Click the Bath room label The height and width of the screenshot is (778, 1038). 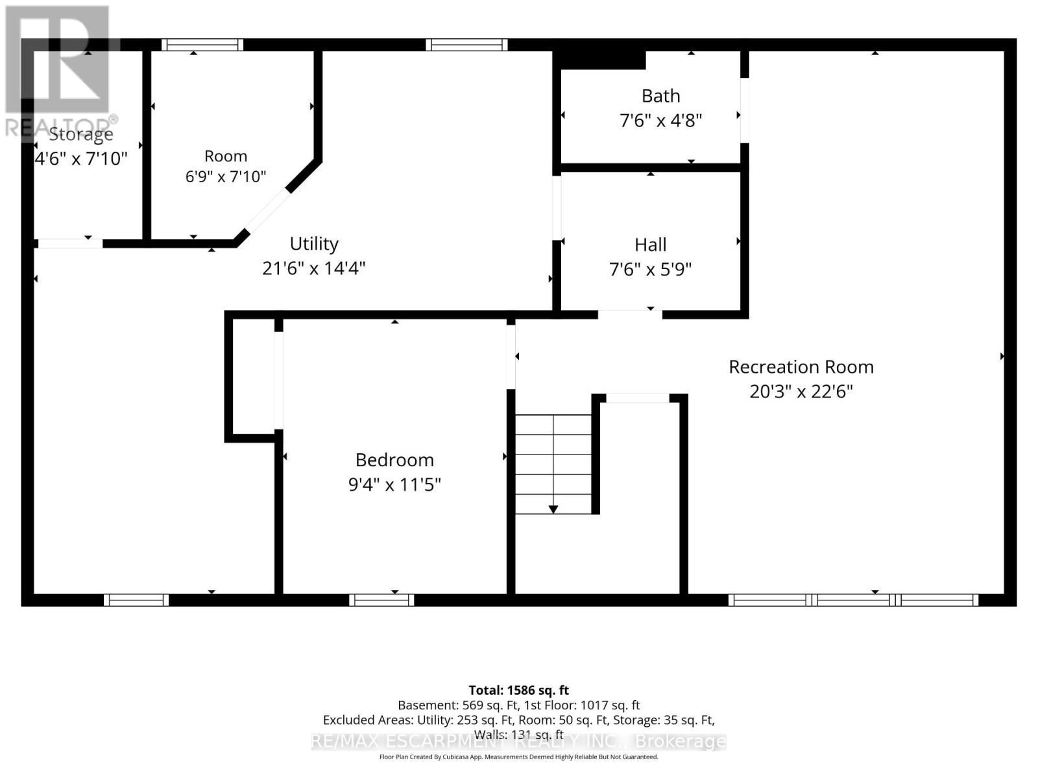[660, 96]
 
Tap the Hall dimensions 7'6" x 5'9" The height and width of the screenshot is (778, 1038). [650, 269]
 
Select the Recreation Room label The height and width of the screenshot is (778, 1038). [801, 367]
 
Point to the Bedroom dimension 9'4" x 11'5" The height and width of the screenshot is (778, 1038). [394, 484]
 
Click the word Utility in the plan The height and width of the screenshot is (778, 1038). [314, 244]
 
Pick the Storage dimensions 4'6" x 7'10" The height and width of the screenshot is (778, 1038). [81, 158]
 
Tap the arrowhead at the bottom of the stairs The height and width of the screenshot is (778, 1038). [553, 509]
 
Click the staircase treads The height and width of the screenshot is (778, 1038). [553, 464]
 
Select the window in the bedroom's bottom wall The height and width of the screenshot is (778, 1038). [381, 600]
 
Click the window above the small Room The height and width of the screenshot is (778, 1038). [202, 45]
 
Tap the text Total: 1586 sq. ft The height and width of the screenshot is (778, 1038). [519, 690]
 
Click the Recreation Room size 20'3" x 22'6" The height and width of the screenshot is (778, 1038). [801, 392]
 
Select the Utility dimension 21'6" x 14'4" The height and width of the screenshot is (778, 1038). [314, 269]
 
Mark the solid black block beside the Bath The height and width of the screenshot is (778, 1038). [599, 60]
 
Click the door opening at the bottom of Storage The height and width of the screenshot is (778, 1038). [70, 244]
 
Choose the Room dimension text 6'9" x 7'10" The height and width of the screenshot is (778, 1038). [226, 176]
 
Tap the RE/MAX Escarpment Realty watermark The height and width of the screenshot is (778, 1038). [519, 742]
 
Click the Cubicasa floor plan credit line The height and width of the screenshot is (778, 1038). [519, 757]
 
